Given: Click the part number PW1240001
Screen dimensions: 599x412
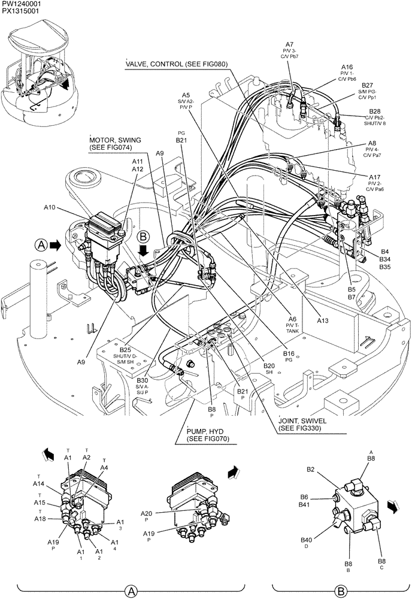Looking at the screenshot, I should pyautogui.click(x=19, y=4).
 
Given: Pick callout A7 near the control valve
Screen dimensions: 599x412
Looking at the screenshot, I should pyautogui.click(x=289, y=45).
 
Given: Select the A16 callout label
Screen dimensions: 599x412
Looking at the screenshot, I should pyautogui.click(x=347, y=67).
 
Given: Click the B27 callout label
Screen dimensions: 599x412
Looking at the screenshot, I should pyautogui.click(x=367, y=85).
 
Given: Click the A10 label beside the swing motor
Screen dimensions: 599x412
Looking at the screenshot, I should pyautogui.click(x=51, y=207).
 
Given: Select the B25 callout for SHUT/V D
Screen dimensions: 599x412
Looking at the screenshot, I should pyautogui.click(x=125, y=350).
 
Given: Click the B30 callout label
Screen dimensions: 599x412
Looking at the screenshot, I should pyautogui.click(x=142, y=380).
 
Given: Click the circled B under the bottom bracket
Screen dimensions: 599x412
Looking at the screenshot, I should pyautogui.click(x=341, y=591).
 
